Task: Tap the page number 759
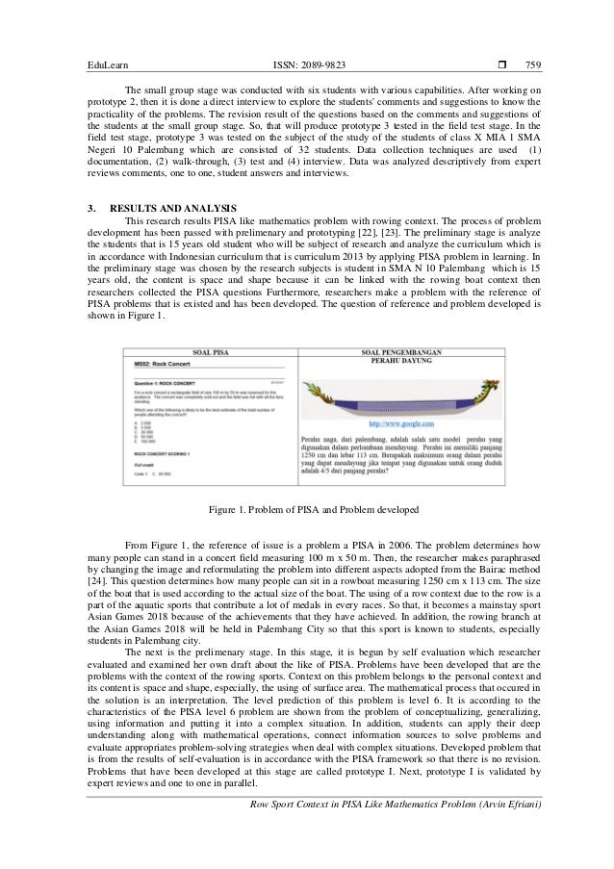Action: tap(532, 65)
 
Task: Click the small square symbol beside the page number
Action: tap(503, 65)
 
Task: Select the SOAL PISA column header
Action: tap(209, 352)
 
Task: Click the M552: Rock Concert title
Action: tap(161, 370)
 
